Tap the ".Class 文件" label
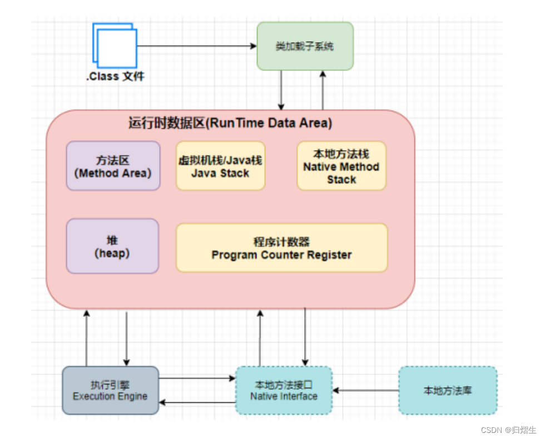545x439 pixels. pos(115,77)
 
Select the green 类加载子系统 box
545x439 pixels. pos(305,46)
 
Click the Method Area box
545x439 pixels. pos(113,166)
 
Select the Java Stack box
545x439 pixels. pos(220,166)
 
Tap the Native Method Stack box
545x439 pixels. pos(341,166)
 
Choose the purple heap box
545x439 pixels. pos(112,246)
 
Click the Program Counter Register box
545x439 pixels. pos(281,248)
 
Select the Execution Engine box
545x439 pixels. pos(110,390)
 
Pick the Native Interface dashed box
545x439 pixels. pos(284,390)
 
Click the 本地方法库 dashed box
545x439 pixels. pos(447,390)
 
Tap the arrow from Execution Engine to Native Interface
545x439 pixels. pos(197,378)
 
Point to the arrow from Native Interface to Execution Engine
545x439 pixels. pos(197,402)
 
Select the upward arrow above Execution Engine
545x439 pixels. pos(86,338)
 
